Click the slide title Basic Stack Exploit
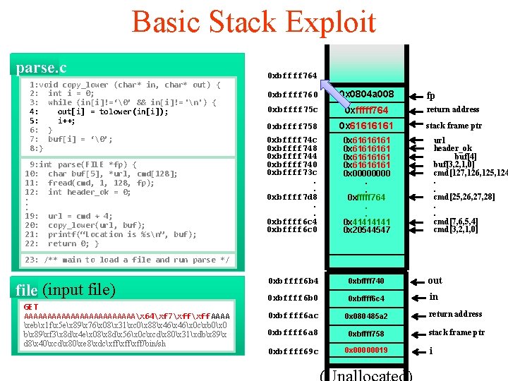253,22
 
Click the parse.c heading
42,68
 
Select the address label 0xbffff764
292,75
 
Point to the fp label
431,96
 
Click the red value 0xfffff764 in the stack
366,110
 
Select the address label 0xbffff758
292,126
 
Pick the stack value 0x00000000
366,173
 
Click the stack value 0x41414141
366,222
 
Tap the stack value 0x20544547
366,230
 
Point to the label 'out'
435,280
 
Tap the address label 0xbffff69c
292,351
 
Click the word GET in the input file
31,307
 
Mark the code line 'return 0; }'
73,244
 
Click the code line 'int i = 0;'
71,93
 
